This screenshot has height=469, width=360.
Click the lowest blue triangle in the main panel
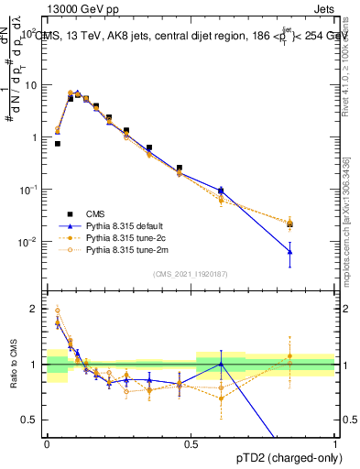[289, 251]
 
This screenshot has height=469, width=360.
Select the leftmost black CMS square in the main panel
[58, 143]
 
